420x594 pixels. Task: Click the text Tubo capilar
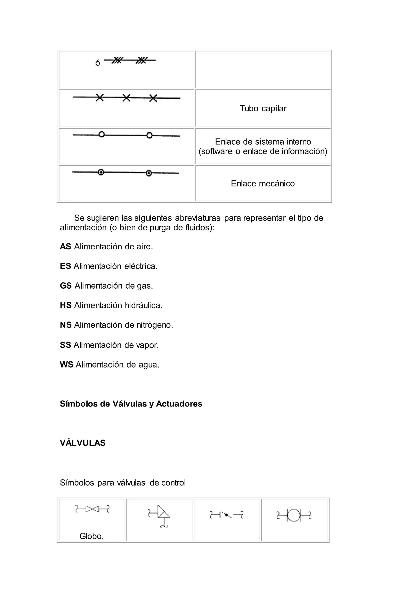point(263,108)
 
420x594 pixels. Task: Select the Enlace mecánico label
point(263,183)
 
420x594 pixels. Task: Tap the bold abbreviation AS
point(65,247)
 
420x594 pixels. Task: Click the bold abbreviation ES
point(65,266)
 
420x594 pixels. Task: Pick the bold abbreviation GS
point(66,286)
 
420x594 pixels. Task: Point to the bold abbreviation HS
point(66,305)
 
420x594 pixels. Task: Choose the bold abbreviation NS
point(66,325)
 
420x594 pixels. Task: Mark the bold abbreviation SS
point(65,345)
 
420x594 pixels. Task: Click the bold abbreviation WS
point(66,364)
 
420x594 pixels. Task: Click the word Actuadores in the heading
point(179,404)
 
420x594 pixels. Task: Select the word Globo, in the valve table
point(91,536)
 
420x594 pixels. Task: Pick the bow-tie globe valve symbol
point(92,509)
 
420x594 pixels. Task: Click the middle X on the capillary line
point(126,98)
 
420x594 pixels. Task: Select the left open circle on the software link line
point(102,135)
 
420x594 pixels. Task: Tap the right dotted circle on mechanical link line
point(149,173)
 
